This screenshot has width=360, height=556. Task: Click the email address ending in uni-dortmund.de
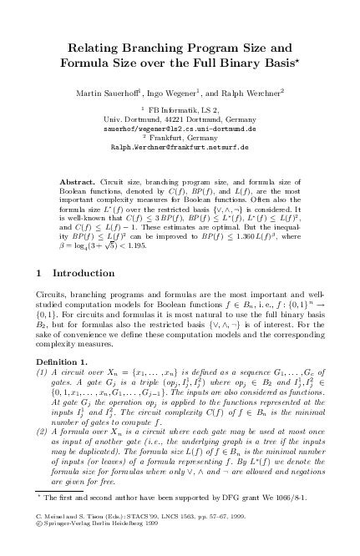(180, 130)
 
